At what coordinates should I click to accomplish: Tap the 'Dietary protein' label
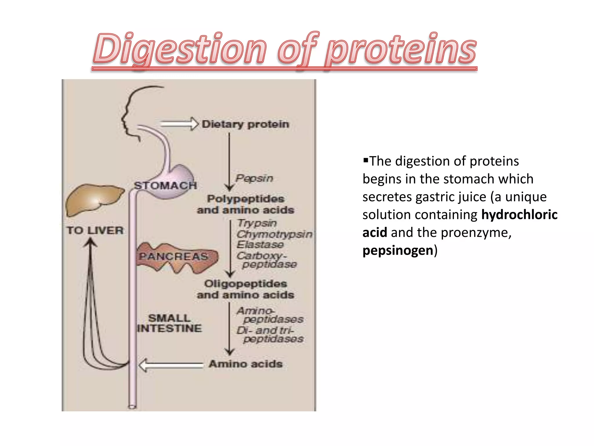(245, 124)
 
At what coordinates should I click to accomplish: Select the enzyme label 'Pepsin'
(254, 178)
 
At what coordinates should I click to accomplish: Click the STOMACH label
(165, 186)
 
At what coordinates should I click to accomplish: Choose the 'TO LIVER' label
(95, 231)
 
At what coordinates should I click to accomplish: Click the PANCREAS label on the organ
(173, 257)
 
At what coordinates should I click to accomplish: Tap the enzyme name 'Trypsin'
(257, 223)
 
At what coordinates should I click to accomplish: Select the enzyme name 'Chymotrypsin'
(274, 234)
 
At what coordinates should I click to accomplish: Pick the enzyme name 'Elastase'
(260, 244)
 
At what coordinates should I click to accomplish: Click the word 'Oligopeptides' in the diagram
(245, 284)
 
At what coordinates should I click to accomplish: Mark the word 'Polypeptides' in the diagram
(245, 199)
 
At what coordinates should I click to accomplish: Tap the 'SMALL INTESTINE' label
(169, 323)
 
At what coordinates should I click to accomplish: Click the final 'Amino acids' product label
(245, 364)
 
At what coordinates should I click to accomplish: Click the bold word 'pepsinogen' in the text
(398, 250)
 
